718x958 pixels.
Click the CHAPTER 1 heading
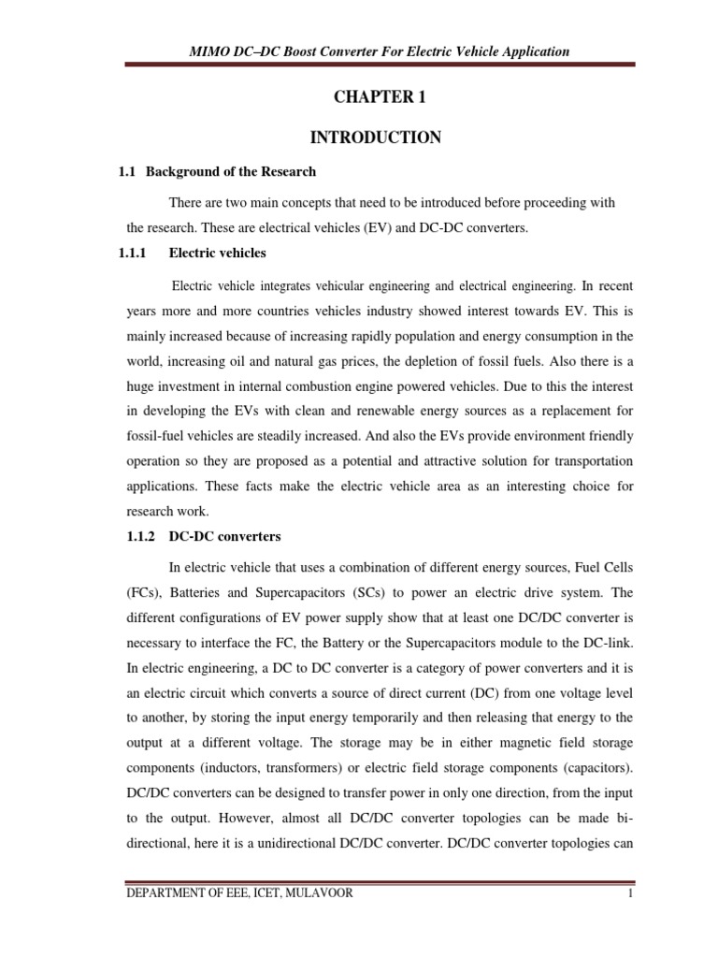375,95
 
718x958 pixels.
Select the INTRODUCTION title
375,138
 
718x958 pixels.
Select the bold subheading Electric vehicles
217,253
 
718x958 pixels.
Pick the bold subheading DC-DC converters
224,537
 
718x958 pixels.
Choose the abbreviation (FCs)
143,593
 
